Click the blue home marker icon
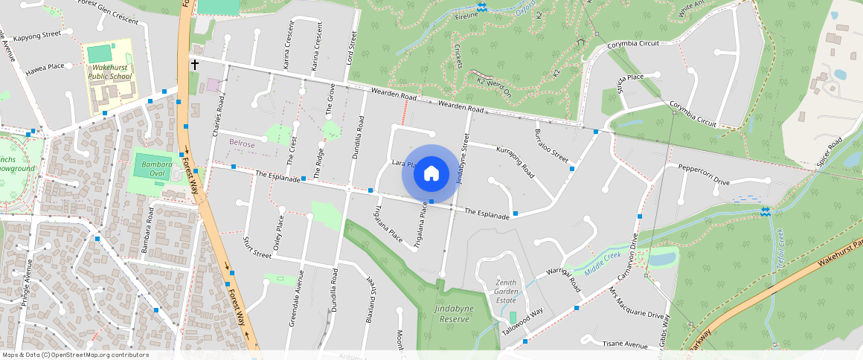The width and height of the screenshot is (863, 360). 431,173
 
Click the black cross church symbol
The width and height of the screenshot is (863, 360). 195,65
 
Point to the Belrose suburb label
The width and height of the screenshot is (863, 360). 243,143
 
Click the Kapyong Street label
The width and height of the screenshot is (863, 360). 36,35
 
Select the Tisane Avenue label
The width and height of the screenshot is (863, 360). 625,344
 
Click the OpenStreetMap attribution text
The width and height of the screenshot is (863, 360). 75,355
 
